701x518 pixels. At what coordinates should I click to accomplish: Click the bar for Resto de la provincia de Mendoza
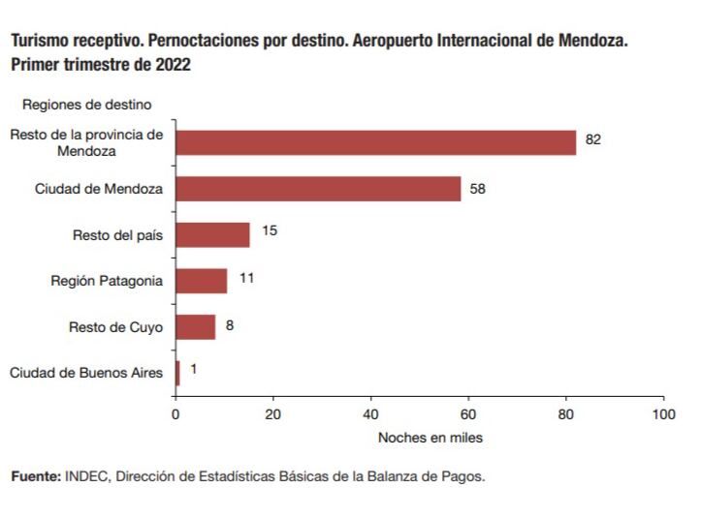coord(375,142)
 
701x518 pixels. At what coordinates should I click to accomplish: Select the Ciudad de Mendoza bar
coord(318,189)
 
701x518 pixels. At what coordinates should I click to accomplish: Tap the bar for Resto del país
coord(212,235)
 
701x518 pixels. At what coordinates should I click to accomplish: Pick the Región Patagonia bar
coord(201,281)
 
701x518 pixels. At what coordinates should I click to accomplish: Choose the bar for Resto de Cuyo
coord(195,327)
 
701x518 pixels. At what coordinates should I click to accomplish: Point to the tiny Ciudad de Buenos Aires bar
coord(177,373)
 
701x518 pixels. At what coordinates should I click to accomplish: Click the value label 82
coord(593,139)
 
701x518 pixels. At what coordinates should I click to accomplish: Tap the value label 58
coord(477,189)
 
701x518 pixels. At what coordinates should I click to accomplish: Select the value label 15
coord(270,231)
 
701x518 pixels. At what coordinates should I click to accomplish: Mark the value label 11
coord(246,278)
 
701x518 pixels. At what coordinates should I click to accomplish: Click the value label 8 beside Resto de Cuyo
coord(230,325)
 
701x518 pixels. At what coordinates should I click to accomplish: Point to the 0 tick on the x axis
coord(175,414)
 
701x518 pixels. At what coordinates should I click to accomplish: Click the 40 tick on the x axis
coord(370,414)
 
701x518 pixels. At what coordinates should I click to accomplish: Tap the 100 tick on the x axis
coord(663,414)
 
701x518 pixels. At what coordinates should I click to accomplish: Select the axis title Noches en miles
coord(430,438)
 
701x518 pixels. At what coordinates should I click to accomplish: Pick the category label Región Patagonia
coord(107,282)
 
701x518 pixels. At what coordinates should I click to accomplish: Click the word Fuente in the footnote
coord(36,476)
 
